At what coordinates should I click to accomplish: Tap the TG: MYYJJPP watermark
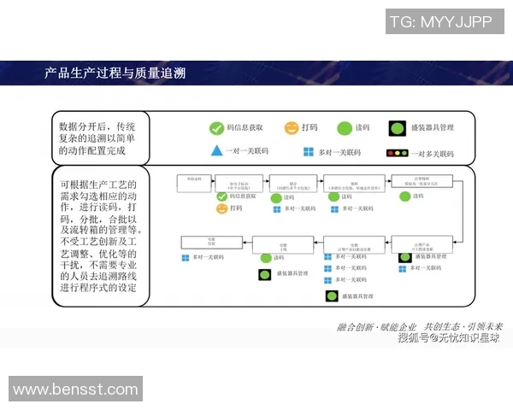(x=445, y=21)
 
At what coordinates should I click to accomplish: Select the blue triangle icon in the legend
(x=217, y=152)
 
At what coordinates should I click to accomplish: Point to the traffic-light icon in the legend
(x=398, y=153)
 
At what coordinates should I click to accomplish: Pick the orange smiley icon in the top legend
(x=292, y=128)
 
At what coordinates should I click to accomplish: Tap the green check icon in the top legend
(x=217, y=128)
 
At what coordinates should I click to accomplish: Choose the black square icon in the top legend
(x=397, y=128)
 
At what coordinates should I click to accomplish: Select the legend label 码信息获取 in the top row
(x=245, y=128)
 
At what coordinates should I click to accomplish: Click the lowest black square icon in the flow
(x=332, y=296)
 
